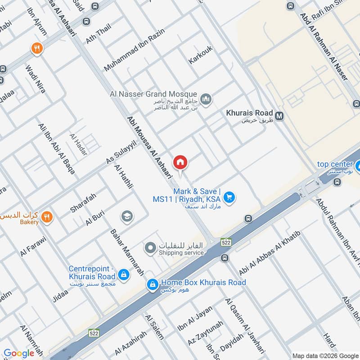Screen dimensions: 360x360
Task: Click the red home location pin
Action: (x=180, y=162)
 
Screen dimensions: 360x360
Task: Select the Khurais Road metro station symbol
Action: (x=279, y=116)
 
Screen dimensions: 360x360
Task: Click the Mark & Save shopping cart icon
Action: (x=229, y=197)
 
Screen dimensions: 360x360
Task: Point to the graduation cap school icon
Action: (x=127, y=217)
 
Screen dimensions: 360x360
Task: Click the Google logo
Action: (x=19, y=353)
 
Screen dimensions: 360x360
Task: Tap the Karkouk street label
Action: (x=200, y=54)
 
